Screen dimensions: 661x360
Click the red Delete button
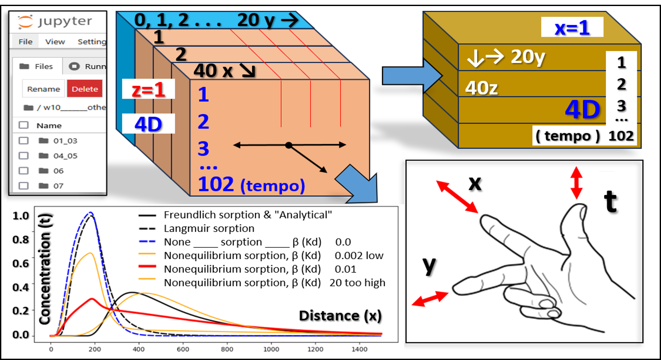point(85,88)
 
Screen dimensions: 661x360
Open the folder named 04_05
point(65,156)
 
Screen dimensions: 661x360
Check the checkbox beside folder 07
point(24,186)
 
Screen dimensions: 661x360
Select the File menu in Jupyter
point(25,42)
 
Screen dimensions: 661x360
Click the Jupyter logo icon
point(25,22)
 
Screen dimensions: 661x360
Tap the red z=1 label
point(148,89)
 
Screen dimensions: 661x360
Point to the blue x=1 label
point(572,28)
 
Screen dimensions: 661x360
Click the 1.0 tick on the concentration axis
point(21,216)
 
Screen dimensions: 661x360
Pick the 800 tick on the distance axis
point(227,349)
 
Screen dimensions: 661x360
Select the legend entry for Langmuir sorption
point(209,229)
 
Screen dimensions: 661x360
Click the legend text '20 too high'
point(357,283)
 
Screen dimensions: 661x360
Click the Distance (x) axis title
point(340,316)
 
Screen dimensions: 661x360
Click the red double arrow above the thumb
point(576,183)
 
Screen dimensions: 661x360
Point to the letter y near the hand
point(429,265)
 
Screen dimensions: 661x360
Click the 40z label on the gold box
point(481,88)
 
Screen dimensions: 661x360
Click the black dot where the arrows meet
point(289,145)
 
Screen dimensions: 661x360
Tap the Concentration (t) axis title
point(45,269)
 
